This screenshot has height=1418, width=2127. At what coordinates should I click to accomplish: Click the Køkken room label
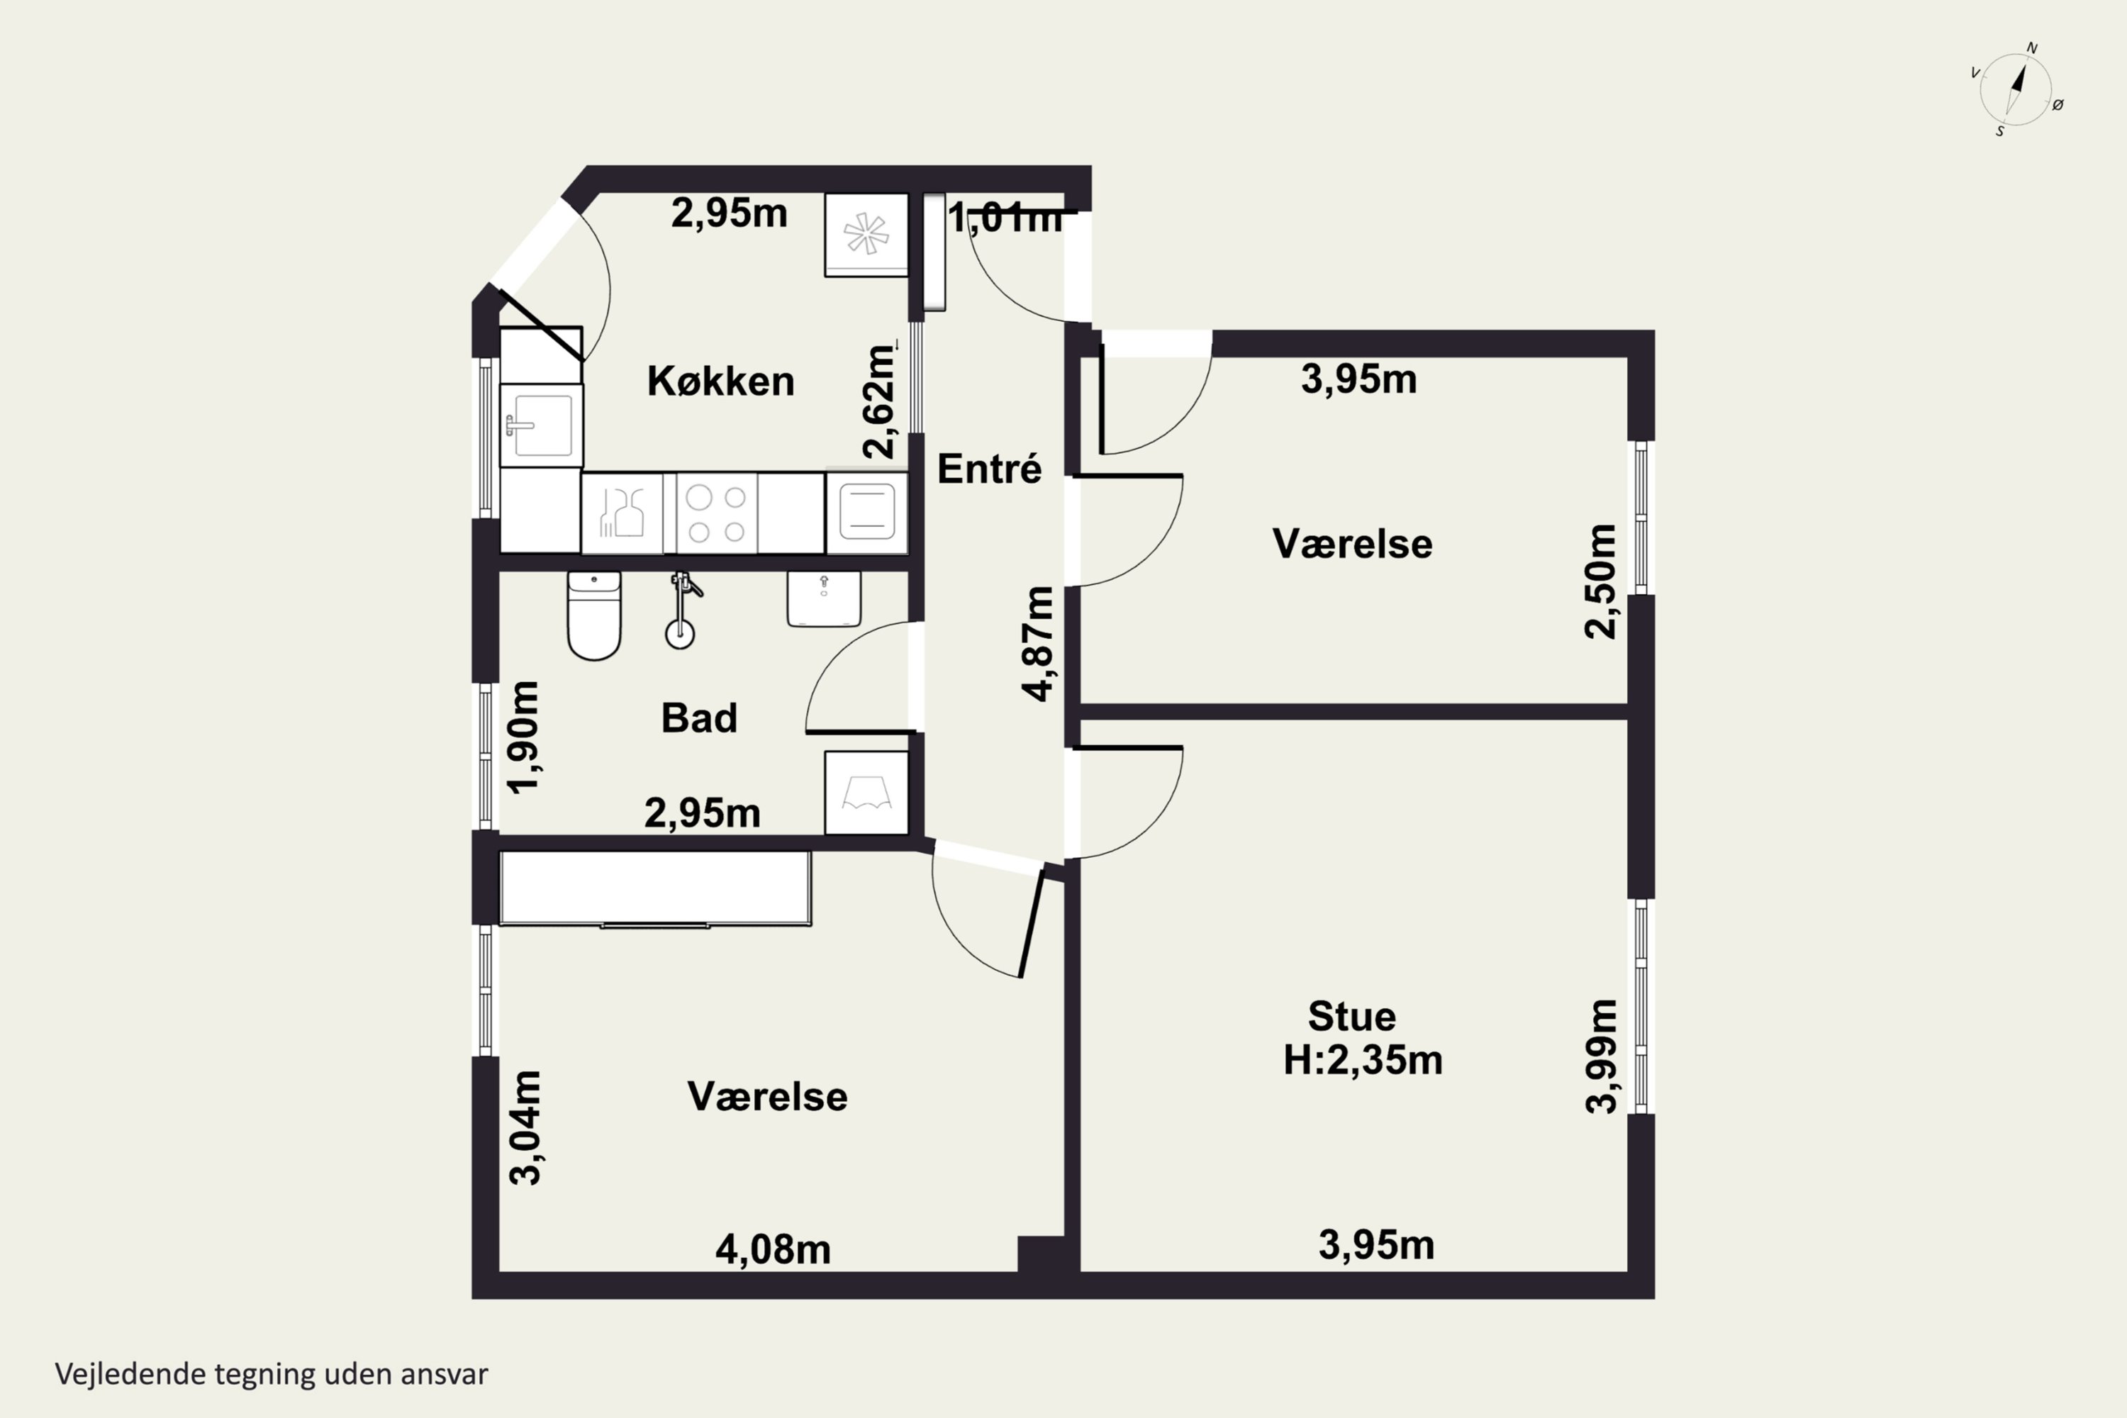pos(721,381)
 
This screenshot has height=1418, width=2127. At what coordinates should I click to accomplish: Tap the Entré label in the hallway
pos(989,469)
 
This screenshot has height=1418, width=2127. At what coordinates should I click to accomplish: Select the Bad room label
pos(699,718)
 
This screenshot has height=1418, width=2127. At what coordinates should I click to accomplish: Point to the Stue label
pos(1352,1017)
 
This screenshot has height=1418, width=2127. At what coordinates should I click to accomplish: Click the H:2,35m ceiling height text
pos(1363,1059)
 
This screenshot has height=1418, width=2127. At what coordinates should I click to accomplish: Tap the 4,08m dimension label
pos(774,1250)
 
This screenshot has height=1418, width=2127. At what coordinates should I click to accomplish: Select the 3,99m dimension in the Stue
pos(1602,1056)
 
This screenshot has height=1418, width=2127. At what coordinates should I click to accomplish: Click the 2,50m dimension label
pos(1601,581)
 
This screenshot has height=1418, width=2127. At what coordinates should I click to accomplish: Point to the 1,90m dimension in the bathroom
pos(524,738)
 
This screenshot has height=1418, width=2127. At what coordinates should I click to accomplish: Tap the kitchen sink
pos(541,425)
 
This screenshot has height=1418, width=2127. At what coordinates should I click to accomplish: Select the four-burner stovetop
pos(716,512)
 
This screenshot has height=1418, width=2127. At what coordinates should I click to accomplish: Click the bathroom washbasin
pos(824,598)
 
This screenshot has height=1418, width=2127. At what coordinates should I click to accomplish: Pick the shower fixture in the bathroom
pos(683,610)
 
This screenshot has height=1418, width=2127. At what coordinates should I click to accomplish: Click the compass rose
pos(2016,89)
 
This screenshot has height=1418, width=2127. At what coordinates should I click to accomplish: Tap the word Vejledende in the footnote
pos(130,1374)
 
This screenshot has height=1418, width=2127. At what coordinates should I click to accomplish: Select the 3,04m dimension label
pos(525,1128)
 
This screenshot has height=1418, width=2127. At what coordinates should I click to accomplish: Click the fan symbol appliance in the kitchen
pos(866,234)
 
